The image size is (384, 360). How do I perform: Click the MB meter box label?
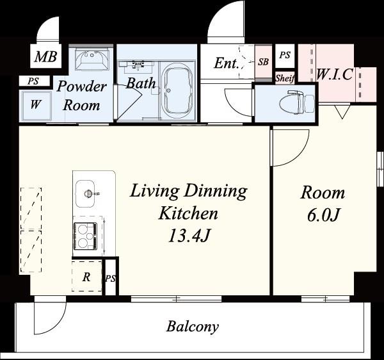coord(46,56)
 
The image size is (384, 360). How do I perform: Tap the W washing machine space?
coord(35,106)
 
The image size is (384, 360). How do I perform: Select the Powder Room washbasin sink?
coord(92,60)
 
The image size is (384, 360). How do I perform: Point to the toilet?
coord(297,102)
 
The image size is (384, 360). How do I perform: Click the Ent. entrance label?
coord(227,63)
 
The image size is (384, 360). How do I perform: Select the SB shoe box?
coord(263,62)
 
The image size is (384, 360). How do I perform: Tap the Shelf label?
coord(285,78)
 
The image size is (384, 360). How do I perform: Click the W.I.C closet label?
coord(335,74)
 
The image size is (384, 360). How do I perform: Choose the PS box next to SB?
coord(285,56)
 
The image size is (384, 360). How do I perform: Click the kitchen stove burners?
coord(85,236)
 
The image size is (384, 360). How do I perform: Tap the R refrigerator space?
coord(86,276)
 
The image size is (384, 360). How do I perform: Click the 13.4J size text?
coord(189,236)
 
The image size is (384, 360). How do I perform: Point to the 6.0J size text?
coord(323,215)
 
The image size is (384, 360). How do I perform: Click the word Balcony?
coord(193,327)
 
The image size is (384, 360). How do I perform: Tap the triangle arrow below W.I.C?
coord(342,112)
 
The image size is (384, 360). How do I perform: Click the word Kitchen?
coord(188,213)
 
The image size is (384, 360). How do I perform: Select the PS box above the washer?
coord(34,81)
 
